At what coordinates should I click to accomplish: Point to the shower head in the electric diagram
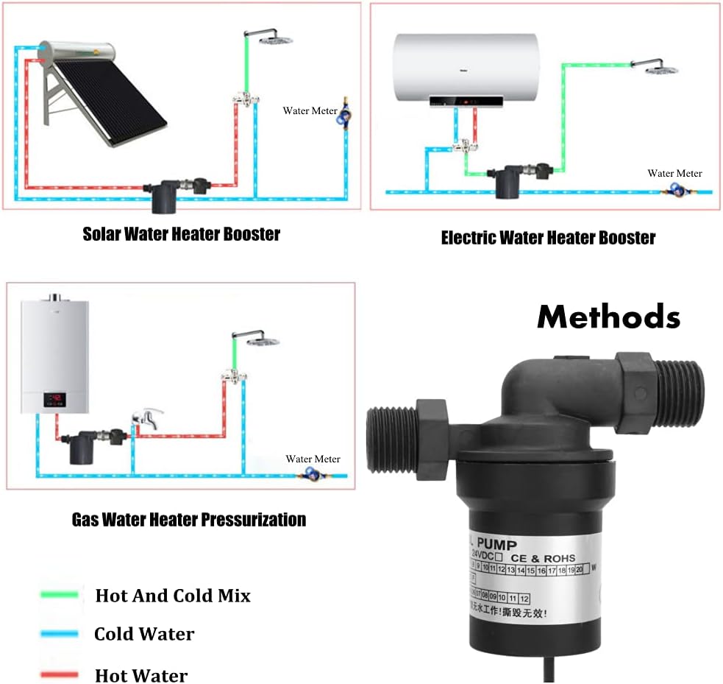(x=660, y=69)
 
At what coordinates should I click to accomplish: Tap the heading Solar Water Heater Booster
(x=181, y=234)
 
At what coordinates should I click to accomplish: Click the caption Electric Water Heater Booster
(x=547, y=238)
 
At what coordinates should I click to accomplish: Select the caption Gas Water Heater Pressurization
(x=188, y=520)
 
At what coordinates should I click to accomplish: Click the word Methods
(x=608, y=317)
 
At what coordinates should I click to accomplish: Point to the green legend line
(x=60, y=594)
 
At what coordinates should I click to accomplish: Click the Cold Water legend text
(x=144, y=634)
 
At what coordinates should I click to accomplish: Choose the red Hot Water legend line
(x=60, y=674)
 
